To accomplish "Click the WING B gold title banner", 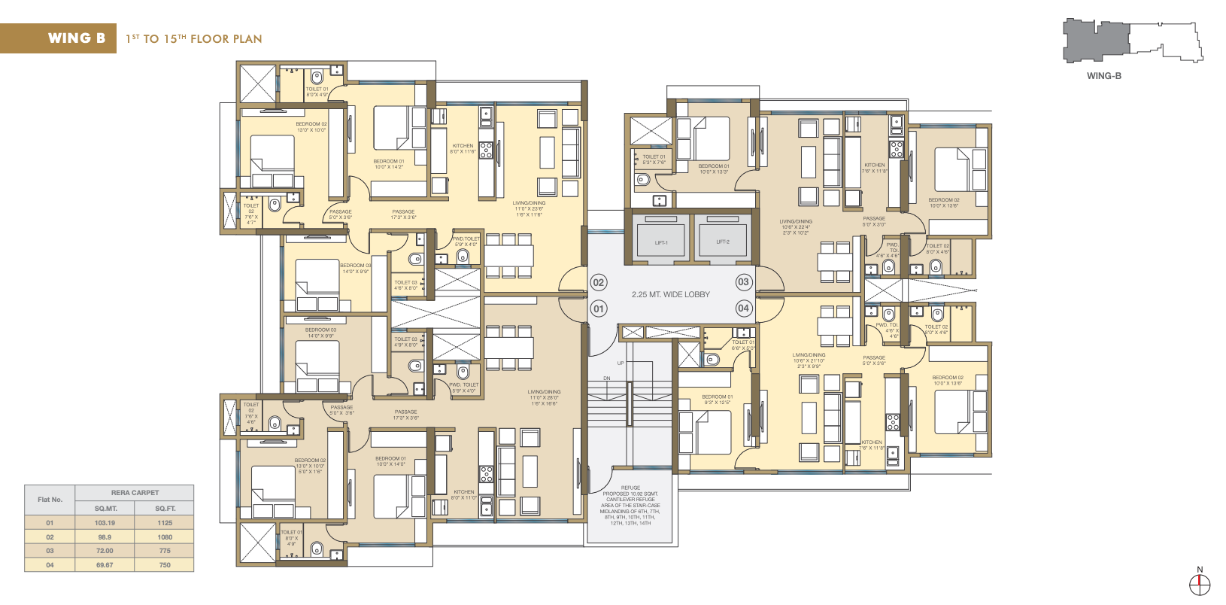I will [59, 38].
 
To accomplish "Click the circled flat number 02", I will [599, 283].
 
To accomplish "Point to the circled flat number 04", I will [743, 308].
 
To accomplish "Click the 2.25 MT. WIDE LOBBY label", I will [670, 294].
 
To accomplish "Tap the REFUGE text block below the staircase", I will [630, 506].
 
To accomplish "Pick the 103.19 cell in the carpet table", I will [105, 523].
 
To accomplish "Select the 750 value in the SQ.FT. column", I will [165, 565].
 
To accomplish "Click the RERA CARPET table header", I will [135, 493].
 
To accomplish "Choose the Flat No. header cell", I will [50, 500].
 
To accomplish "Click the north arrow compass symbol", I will [1200, 582].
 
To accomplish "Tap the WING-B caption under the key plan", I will [1103, 76].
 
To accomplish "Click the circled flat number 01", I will [599, 309].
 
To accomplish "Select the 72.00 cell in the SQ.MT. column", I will [105, 551].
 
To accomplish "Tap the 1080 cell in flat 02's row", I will [165, 537].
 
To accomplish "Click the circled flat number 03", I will [743, 282].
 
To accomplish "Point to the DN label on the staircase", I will [607, 379].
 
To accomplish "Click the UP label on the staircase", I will [621, 363].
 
